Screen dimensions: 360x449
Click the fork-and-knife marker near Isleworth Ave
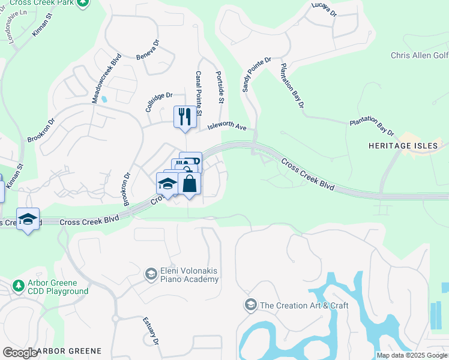click(185, 116)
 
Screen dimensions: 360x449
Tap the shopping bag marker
click(190, 184)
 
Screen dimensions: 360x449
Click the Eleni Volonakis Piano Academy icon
click(151, 274)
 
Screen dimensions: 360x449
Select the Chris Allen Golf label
click(419, 55)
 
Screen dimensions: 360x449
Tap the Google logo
click(19, 352)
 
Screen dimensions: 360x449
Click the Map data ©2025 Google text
click(411, 355)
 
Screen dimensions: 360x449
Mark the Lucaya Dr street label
click(324, 9)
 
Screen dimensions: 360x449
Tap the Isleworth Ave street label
click(228, 127)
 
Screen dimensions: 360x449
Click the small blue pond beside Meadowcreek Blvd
click(104, 98)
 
